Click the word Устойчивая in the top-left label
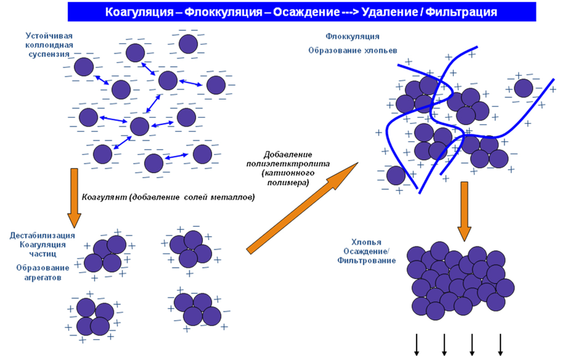coord(49,36)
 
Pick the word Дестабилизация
coord(42,236)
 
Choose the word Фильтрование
coord(367,260)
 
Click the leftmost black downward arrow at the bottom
coord(416,344)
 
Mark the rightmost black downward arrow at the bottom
coord(500,344)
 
